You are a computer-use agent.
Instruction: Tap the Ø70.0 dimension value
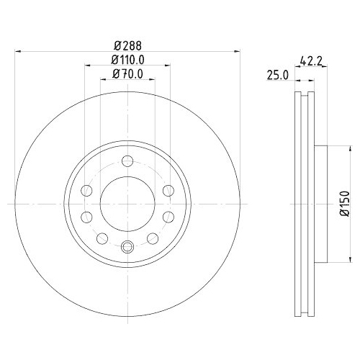[x=127, y=73]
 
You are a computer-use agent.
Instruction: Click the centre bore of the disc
[x=127, y=203]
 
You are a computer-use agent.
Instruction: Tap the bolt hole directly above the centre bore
[x=127, y=161]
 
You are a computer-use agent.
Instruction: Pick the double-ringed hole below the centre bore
[x=127, y=246]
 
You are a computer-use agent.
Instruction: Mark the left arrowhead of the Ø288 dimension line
[x=18, y=50]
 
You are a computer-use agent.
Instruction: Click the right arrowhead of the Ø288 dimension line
[x=236, y=50]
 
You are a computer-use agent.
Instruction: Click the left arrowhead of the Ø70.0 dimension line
[x=102, y=79]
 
